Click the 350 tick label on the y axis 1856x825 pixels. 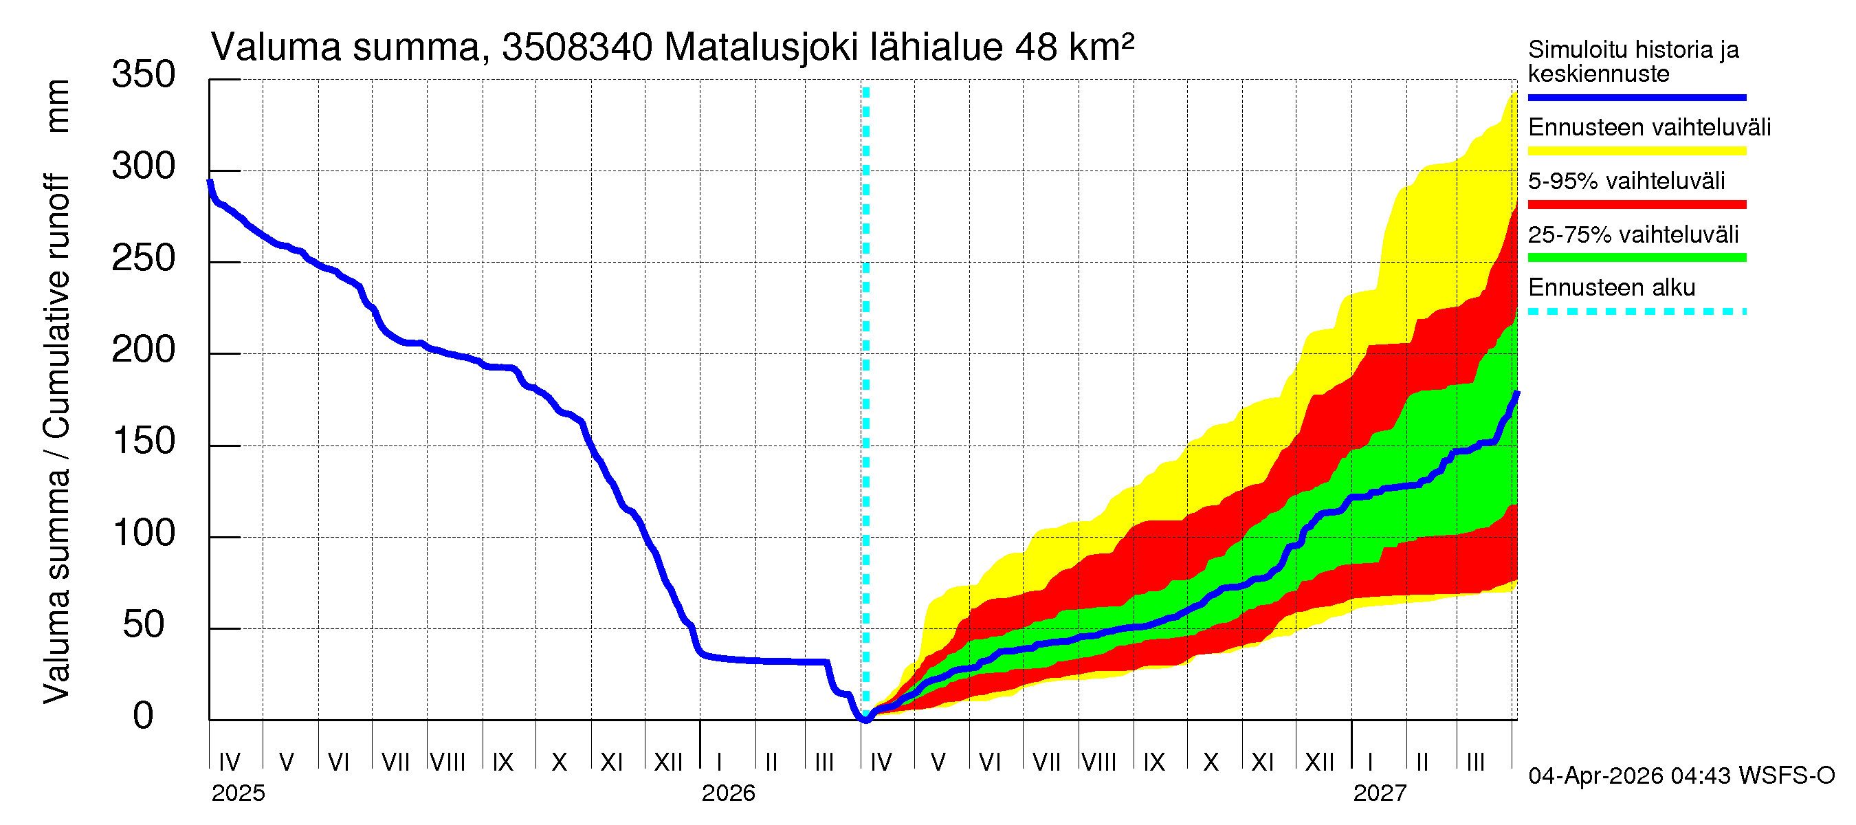pos(143,75)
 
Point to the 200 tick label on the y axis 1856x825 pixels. pos(143,350)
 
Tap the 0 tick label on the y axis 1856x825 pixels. pos(143,716)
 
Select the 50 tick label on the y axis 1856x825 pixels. pos(143,625)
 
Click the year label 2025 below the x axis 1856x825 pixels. pos(238,793)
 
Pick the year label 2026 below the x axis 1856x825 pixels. pos(728,793)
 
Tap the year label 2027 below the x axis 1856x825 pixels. pos(1379,793)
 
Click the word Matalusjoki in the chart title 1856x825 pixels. pos(761,47)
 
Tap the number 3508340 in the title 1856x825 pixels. pos(577,47)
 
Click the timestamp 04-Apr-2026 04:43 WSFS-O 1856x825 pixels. pos(1681,776)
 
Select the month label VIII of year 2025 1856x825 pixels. pos(448,762)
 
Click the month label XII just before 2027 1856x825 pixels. pos(1319,762)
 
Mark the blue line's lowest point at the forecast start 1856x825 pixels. pos(865,718)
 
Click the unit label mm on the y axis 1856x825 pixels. pos(58,106)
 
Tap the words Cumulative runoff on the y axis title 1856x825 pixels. pos(58,306)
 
